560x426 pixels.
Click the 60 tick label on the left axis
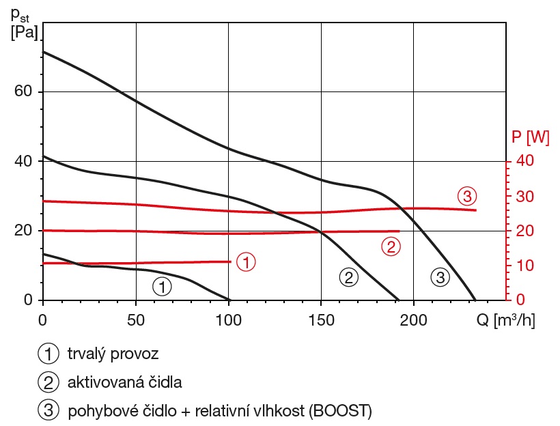pyautogui.click(x=23, y=92)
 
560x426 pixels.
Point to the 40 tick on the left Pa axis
pyautogui.click(x=23, y=162)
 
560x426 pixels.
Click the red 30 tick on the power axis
pyautogui.click(x=520, y=197)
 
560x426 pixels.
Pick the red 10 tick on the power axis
pyautogui.click(x=520, y=266)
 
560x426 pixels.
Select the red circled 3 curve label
pyautogui.click(x=466, y=197)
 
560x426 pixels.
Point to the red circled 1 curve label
pyautogui.click(x=246, y=261)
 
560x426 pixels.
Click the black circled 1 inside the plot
pyautogui.click(x=162, y=287)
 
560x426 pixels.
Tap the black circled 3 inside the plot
pyautogui.click(x=440, y=277)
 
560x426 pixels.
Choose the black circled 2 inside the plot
pyautogui.click(x=348, y=277)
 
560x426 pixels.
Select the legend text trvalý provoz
pyautogui.click(x=112, y=354)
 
